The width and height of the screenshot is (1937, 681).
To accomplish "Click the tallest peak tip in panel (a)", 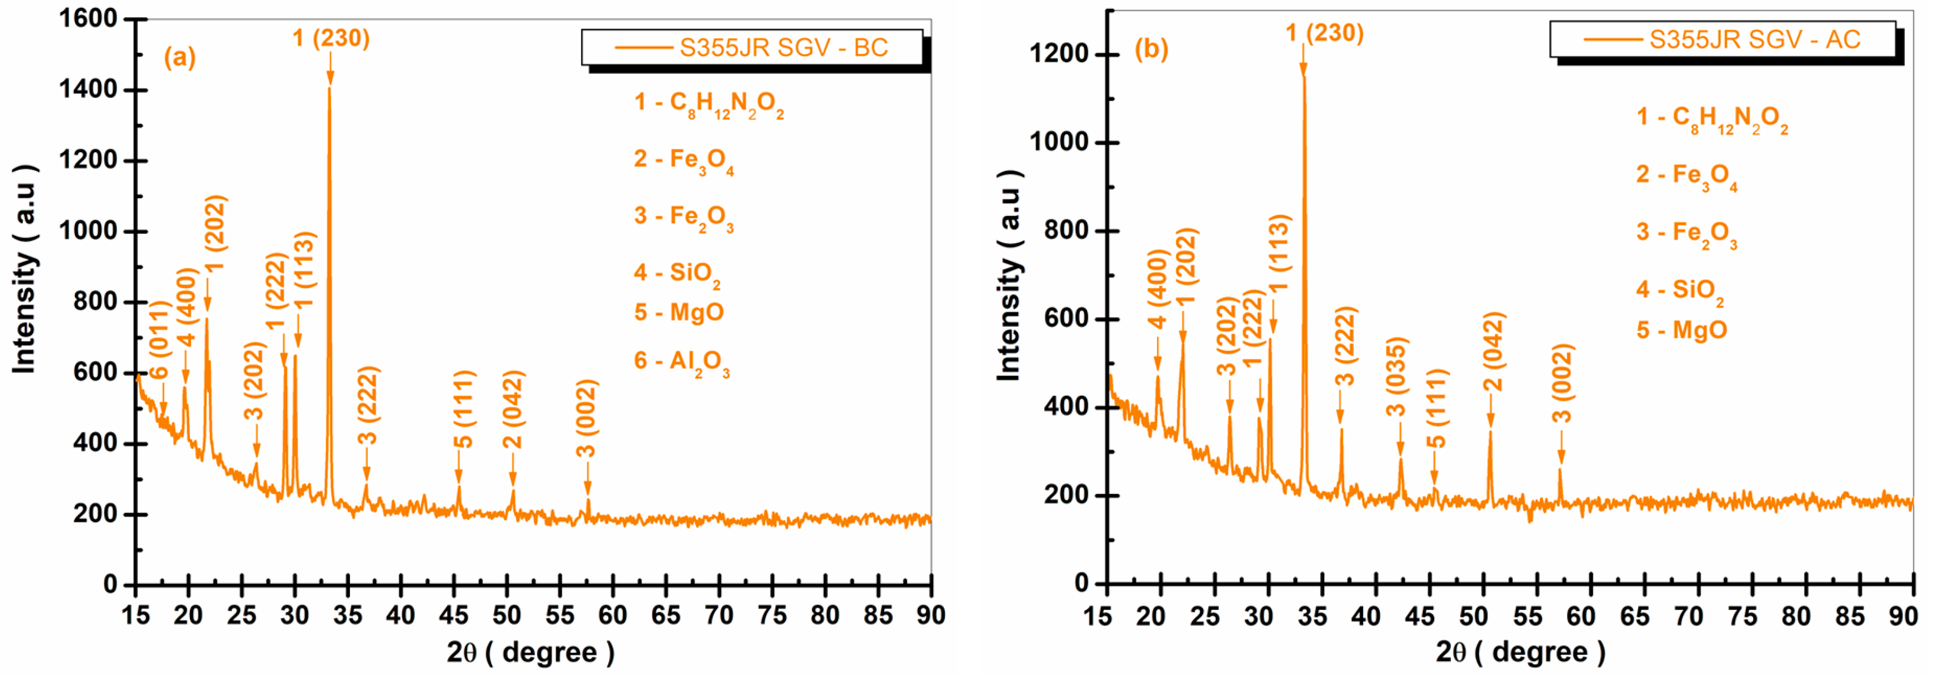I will [x=329, y=89].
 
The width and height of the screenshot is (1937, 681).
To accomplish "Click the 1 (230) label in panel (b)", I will [x=1324, y=33].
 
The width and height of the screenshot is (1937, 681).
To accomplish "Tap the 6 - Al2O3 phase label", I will [x=681, y=362].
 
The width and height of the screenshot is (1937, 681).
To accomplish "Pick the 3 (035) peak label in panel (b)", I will [x=1397, y=377].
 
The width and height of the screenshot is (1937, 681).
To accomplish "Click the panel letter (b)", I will [x=1151, y=49].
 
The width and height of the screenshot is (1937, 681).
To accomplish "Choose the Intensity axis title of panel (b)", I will [x=1009, y=274].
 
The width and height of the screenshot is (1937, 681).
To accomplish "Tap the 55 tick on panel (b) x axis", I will [x=1526, y=617].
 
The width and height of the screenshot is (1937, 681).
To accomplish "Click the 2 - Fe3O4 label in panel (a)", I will [x=683, y=160].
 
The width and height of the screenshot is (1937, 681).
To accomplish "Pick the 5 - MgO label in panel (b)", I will [x=1681, y=330].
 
